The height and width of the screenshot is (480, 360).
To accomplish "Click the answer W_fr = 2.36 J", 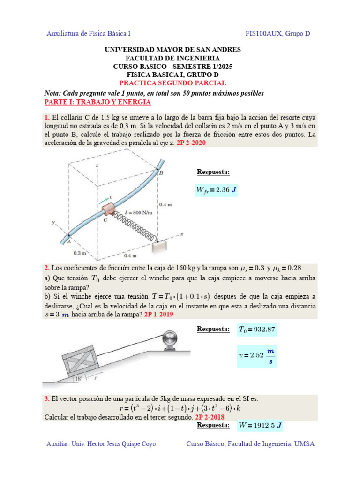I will point(216,190).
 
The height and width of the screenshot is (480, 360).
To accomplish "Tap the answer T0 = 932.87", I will point(257,330).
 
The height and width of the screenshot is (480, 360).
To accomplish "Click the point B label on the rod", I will point(160,173).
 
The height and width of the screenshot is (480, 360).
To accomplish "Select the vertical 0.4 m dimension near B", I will point(166,204).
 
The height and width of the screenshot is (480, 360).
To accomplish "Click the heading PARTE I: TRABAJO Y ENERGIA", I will point(97,102).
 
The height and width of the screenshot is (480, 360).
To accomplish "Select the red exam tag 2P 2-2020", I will point(189,144).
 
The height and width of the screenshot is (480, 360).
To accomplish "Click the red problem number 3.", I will point(47,399).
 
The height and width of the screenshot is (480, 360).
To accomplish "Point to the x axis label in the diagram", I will point(180,233).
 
